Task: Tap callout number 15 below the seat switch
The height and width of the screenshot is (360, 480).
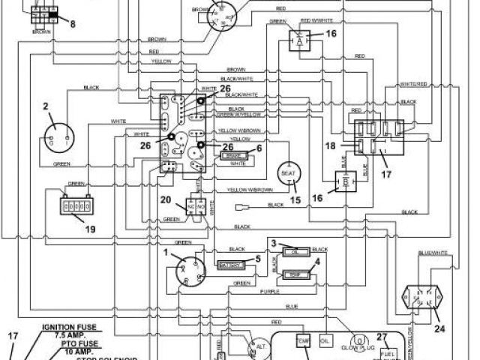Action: (295, 200)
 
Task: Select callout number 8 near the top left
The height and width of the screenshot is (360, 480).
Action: (73, 23)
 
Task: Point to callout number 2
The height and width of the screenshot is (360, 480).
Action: (46, 107)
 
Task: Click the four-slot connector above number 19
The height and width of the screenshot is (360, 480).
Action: (76, 204)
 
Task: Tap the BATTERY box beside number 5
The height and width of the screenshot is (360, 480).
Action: (230, 265)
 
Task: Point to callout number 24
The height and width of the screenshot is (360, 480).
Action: (439, 327)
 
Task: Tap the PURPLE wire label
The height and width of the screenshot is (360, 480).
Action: (271, 290)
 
